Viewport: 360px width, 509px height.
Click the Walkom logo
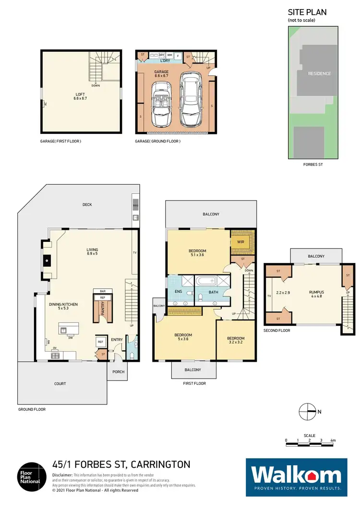click(x=296, y=477)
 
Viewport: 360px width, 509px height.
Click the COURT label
click(x=60, y=383)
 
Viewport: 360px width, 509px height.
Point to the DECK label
click(x=87, y=204)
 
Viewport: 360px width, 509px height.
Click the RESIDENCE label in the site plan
click(x=319, y=73)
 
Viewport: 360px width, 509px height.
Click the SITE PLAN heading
click(x=307, y=12)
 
